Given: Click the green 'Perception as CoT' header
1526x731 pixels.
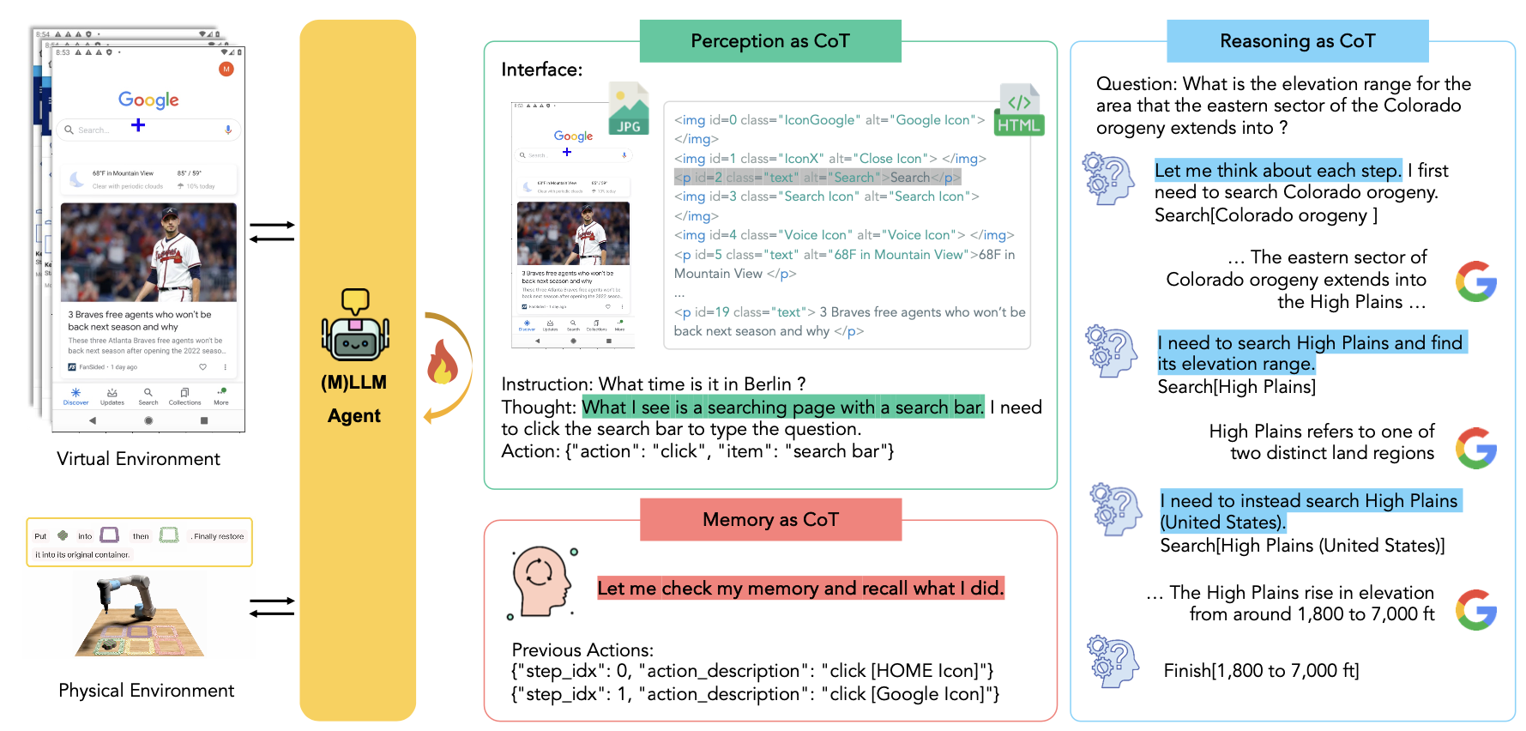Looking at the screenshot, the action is pos(769,41).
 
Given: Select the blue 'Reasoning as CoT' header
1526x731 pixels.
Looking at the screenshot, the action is pos(1297,41).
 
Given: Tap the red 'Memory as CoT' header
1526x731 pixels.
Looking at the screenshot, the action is pos(770,520).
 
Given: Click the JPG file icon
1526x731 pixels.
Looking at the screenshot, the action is pos(629,109).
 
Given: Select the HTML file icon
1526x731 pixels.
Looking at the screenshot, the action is pos(1018,111).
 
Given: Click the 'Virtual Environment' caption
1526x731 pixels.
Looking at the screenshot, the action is pos(138,459).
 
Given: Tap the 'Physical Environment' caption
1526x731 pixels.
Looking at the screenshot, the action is pos(146,691).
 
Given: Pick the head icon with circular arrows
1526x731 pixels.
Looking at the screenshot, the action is pos(540,581).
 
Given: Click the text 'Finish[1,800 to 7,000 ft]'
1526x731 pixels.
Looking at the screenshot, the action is pos(1261,671).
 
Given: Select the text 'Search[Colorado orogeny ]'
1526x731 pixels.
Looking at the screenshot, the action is pos(1265,215).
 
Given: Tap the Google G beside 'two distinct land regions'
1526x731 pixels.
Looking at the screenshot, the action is pos(1475,448).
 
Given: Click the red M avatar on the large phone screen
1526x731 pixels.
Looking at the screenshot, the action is pos(226,69).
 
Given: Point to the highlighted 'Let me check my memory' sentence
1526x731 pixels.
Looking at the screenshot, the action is pos(799,589).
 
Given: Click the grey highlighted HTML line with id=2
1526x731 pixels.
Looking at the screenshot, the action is pos(817,178).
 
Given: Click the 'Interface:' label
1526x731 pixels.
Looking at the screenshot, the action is pos(541,69).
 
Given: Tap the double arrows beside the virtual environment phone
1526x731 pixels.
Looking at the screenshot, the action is pos(272,232).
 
